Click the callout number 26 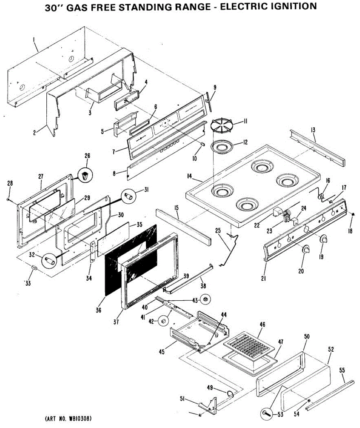(87, 156)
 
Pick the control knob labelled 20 (306, 250)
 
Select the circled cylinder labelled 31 (129, 196)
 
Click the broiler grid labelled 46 (250, 343)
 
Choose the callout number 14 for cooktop (190, 176)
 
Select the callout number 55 (341, 371)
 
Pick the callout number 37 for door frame (116, 321)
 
